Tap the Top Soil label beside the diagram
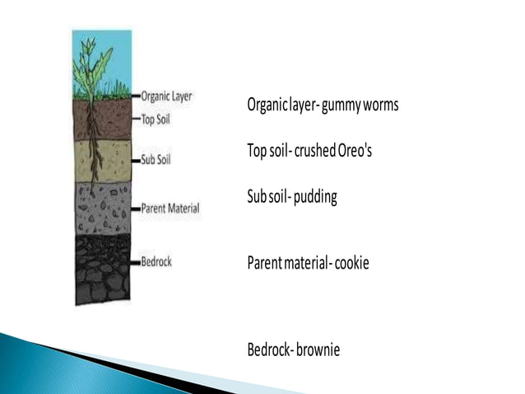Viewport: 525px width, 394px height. click(156, 118)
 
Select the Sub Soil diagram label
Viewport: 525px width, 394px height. click(156, 159)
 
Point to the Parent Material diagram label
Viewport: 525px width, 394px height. click(170, 207)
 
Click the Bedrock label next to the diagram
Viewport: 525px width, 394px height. click(156, 261)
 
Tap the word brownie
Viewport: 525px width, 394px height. click(318, 349)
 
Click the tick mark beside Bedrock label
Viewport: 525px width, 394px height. click(136, 262)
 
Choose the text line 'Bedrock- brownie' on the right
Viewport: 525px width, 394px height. click(294, 349)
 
